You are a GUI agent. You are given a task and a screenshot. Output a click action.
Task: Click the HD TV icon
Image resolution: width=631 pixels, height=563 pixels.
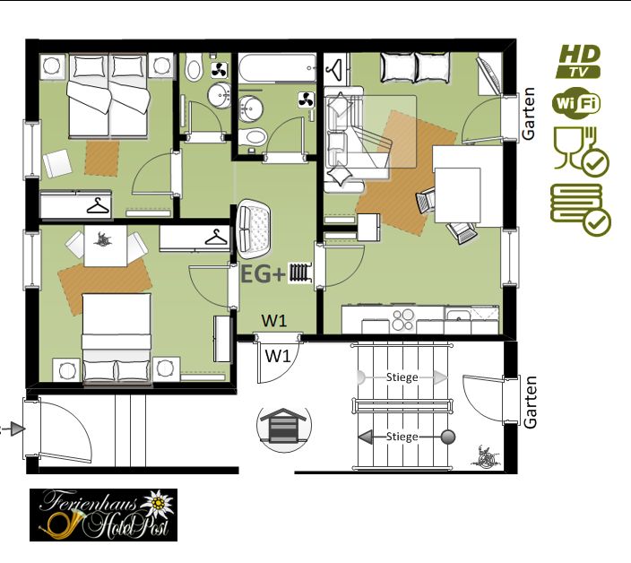click(578, 61)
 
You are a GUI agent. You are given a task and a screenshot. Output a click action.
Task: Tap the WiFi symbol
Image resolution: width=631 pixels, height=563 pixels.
click(575, 103)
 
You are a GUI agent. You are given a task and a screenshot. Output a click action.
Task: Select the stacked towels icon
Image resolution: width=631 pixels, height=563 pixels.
click(580, 209)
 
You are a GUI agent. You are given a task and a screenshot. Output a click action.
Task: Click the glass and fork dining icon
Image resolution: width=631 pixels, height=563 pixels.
click(580, 152)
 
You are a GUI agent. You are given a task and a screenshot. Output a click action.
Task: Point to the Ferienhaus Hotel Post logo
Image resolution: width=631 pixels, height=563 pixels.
click(103, 515)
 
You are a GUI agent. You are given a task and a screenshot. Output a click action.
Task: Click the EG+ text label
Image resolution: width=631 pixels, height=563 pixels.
click(263, 275)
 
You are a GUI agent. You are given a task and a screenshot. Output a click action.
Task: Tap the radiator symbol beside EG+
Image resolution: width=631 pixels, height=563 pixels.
click(300, 272)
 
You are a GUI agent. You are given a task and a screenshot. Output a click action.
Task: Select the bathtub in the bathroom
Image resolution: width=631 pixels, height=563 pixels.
click(277, 68)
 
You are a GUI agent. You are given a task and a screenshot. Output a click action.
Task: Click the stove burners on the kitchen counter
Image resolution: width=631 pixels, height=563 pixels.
click(403, 319)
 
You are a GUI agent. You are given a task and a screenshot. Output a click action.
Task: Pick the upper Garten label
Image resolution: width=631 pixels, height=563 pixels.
click(529, 114)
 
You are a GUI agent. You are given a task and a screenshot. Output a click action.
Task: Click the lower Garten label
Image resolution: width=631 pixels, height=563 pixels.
click(530, 402)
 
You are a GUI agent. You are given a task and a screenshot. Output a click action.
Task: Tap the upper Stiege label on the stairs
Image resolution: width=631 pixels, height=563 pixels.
click(402, 377)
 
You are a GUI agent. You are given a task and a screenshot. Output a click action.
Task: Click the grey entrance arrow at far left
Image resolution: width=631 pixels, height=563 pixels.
click(16, 429)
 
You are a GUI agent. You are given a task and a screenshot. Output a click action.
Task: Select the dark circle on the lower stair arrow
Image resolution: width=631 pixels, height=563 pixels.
click(448, 437)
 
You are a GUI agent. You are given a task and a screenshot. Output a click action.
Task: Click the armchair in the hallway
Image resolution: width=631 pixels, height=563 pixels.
click(254, 230)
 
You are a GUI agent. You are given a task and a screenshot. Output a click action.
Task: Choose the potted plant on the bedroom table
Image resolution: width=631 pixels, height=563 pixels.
click(103, 239)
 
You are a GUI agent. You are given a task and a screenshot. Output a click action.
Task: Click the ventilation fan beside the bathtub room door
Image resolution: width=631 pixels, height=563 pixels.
click(306, 100)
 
